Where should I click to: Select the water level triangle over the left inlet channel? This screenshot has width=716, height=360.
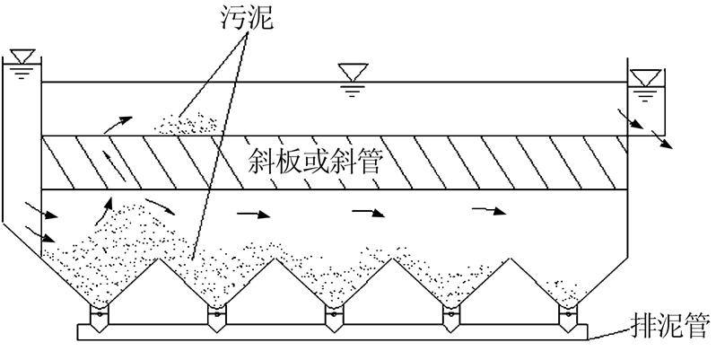click(x=20, y=55)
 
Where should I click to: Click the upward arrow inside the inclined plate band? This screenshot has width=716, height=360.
click(x=113, y=163)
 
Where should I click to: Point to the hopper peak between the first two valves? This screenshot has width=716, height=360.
click(x=157, y=261)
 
